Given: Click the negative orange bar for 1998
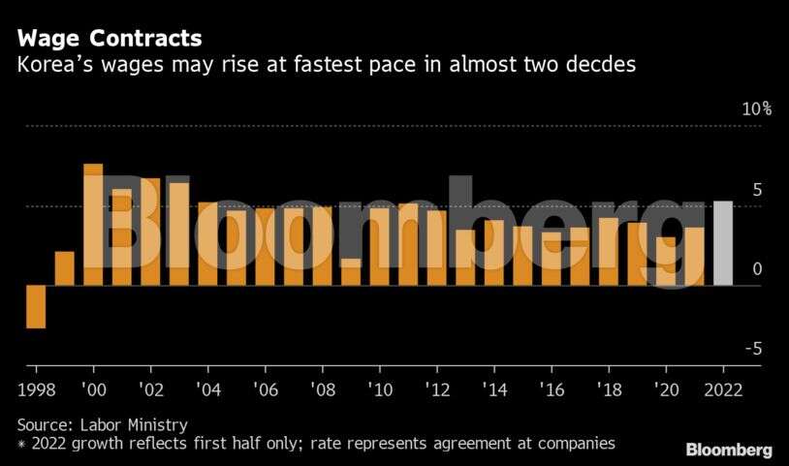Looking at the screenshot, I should tap(36, 306).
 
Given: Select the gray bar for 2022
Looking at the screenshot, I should tap(723, 243).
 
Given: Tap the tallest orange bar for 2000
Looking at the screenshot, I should tap(93, 225).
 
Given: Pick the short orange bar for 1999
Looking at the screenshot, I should tap(65, 268).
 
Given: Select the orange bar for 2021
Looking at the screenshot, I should tap(695, 257).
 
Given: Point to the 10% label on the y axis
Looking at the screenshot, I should tap(756, 109).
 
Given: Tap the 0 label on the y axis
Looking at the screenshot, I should tap(757, 269).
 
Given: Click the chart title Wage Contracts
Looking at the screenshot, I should tap(110, 39).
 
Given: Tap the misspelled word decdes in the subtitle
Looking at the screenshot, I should tap(600, 66).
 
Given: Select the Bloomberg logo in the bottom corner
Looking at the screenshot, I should tap(729, 450).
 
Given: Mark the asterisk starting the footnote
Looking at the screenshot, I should tap(21, 444).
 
